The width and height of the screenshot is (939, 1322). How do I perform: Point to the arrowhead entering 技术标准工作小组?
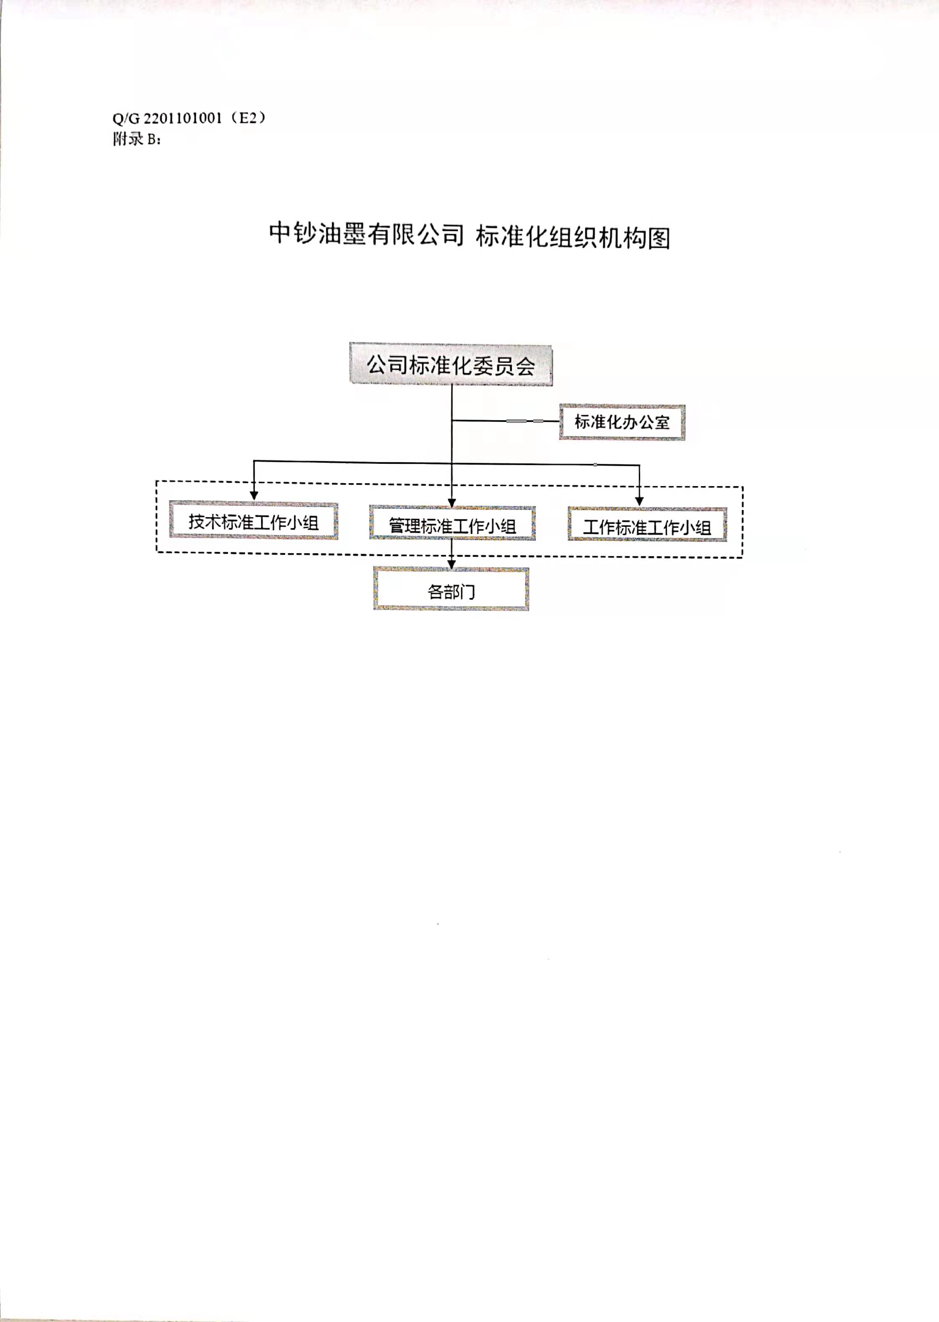(x=254, y=495)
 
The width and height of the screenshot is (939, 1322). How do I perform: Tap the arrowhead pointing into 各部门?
(x=451, y=564)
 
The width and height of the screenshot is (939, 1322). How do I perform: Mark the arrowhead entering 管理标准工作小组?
(x=452, y=502)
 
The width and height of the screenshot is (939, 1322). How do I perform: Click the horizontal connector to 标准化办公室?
(x=506, y=421)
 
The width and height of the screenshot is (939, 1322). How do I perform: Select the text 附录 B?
(x=137, y=139)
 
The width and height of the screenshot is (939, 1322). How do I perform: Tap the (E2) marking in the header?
(x=247, y=118)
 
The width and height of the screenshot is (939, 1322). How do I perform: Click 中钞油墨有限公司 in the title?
(x=366, y=234)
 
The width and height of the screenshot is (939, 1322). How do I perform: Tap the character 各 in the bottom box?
(x=436, y=591)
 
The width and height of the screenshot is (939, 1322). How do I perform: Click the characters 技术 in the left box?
(x=205, y=521)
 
